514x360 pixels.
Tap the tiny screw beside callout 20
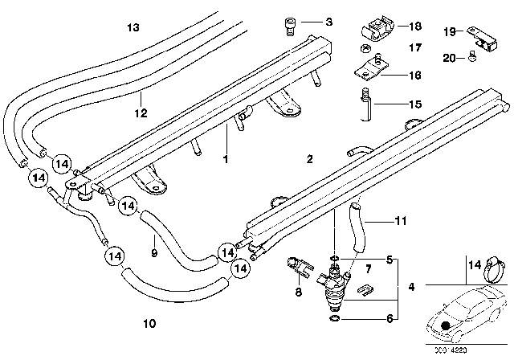(x=473, y=58)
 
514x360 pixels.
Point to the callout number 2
(x=309, y=161)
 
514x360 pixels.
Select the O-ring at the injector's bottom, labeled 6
(x=334, y=318)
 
